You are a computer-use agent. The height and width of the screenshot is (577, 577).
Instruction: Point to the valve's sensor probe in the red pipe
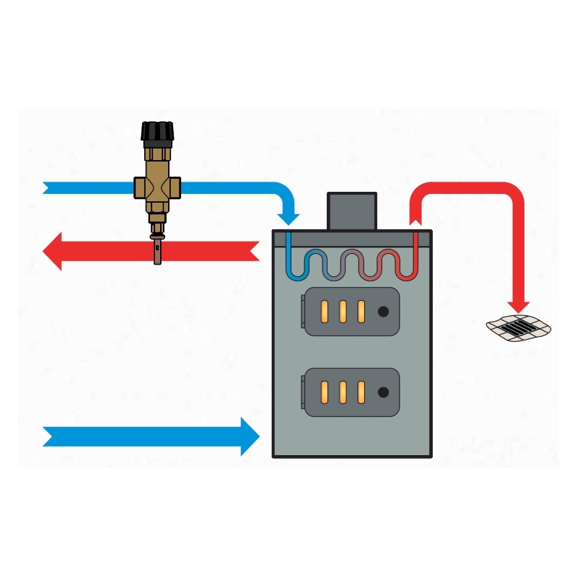coord(157,250)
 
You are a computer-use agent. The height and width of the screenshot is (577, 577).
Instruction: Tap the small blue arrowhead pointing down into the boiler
coord(290,216)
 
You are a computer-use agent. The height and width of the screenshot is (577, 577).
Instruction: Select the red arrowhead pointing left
coord(53,251)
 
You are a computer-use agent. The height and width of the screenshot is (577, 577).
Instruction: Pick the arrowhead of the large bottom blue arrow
coord(249,436)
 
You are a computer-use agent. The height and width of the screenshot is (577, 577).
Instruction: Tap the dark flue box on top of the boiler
coord(352,211)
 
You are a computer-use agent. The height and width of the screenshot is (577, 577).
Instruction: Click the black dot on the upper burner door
coord(384,311)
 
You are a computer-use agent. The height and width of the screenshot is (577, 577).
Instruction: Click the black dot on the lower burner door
coord(384,392)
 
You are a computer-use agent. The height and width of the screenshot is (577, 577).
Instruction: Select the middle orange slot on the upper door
coord(343,311)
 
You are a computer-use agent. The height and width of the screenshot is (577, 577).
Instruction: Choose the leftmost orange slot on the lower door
coord(325,392)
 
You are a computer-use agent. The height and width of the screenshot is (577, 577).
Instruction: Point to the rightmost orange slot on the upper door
coord(361,311)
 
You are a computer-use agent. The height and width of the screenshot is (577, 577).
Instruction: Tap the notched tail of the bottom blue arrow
coord(49,436)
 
